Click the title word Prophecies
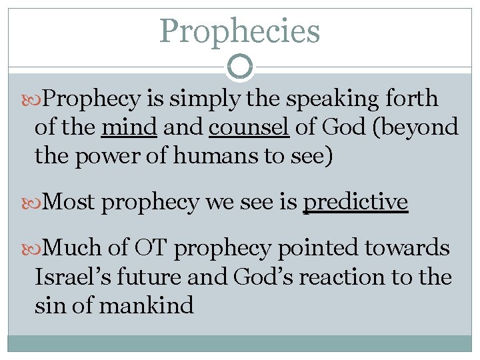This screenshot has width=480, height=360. point(240,31)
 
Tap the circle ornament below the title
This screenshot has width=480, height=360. point(240,67)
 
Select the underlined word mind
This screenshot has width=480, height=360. point(129,127)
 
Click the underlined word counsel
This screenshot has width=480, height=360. point(249,127)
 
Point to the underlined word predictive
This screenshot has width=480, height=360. point(355,201)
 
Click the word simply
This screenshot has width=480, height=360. point(203,99)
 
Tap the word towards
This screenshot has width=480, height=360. point(408,249)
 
